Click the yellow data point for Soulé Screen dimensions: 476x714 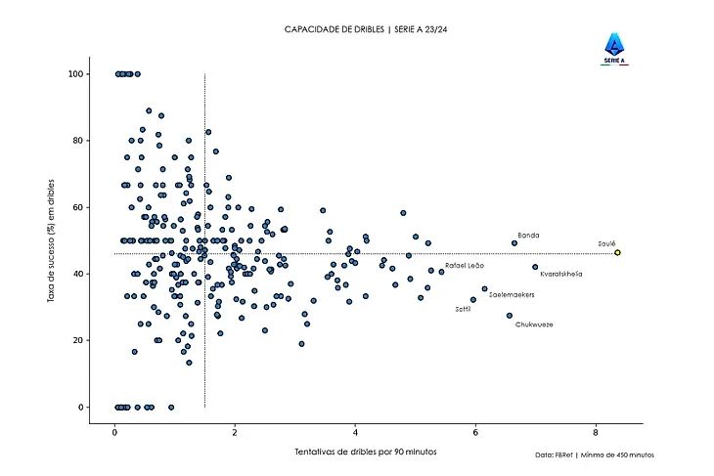pyautogui.click(x=617, y=252)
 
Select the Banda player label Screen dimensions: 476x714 pyautogui.click(x=528, y=236)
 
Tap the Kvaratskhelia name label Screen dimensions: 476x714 pyautogui.click(x=561, y=274)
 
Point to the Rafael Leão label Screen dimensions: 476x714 pyautogui.click(x=465, y=265)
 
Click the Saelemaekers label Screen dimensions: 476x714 pyautogui.click(x=512, y=293)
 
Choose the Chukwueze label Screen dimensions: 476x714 pyautogui.click(x=534, y=324)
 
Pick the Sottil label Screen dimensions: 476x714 pyautogui.click(x=464, y=309)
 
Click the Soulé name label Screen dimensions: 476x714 pyautogui.click(x=606, y=243)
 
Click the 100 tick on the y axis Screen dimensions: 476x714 pyautogui.click(x=73, y=74)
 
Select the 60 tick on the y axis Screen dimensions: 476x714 pyautogui.click(x=76, y=207)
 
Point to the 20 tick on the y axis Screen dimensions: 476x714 pyautogui.click(x=76, y=340)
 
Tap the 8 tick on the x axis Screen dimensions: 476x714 pyautogui.click(x=596, y=431)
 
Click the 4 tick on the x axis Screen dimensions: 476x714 pyautogui.click(x=355, y=431)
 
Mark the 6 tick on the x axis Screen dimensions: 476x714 pyautogui.click(x=475, y=431)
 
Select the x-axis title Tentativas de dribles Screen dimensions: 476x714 pyautogui.click(x=365, y=452)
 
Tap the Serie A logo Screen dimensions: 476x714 pyautogui.click(x=615, y=48)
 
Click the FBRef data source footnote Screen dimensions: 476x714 pyautogui.click(x=595, y=455)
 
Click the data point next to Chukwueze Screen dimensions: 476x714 pyautogui.click(x=510, y=316)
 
